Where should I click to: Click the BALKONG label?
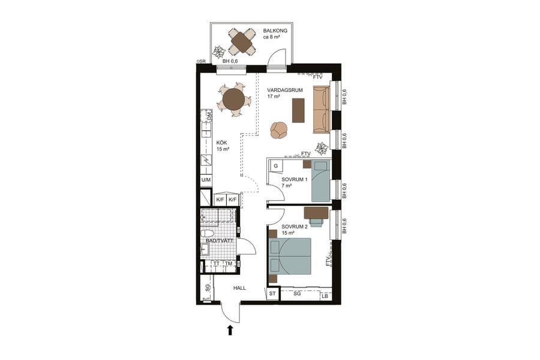click(x=275, y=30)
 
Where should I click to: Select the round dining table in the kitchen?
click(x=233, y=98)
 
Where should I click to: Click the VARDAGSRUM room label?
click(x=284, y=90)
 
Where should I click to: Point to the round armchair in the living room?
click(x=279, y=130)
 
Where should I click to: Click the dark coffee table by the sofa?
click(x=298, y=110)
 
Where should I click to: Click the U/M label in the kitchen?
click(x=206, y=180)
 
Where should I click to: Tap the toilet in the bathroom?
click(x=208, y=233)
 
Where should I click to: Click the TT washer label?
click(x=216, y=263)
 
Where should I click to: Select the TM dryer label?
click(x=229, y=263)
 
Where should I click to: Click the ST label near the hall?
click(x=272, y=293)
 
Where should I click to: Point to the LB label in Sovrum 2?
click(x=325, y=296)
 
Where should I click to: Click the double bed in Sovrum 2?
click(x=290, y=255)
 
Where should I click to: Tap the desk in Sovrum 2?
click(x=316, y=211)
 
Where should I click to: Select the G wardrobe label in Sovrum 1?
click(x=275, y=165)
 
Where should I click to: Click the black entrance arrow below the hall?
click(x=230, y=329)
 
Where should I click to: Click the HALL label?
click(x=240, y=289)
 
